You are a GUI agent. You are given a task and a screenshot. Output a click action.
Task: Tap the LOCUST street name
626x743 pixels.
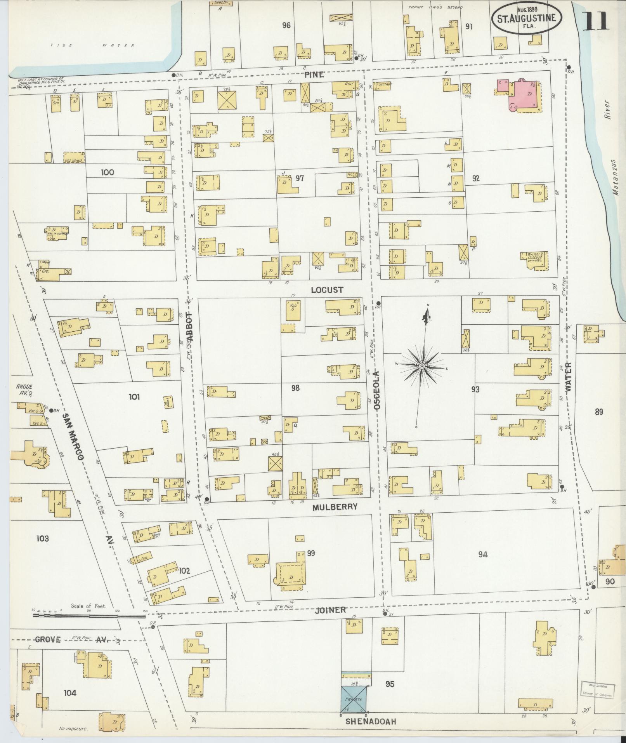point(327,290)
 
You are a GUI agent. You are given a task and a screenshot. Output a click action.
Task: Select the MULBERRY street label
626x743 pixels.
point(336,507)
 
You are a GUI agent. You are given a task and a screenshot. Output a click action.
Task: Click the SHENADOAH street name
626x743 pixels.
point(371,722)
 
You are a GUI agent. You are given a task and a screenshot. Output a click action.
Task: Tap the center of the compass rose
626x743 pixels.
point(422,366)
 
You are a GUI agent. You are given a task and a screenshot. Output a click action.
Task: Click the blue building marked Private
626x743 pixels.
point(354,699)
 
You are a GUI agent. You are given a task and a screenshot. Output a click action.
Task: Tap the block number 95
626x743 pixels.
point(390,684)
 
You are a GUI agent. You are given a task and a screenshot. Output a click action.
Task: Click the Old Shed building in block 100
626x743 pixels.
point(74,157)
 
